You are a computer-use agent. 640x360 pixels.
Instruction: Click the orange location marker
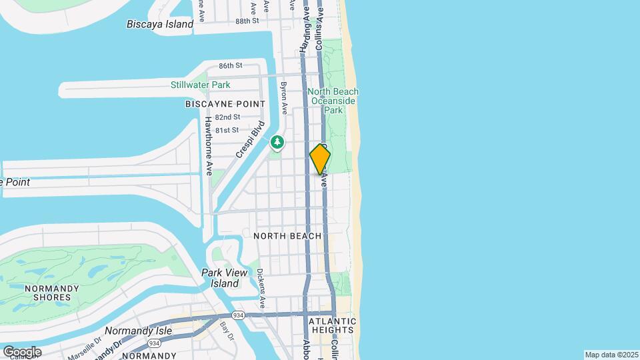click(320, 159)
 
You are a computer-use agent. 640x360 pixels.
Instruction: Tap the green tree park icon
click(277, 142)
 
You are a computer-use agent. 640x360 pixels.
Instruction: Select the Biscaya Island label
click(160, 24)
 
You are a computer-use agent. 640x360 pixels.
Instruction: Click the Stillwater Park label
click(200, 85)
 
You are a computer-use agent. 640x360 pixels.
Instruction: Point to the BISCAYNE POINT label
click(225, 104)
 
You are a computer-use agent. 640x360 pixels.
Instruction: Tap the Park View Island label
click(225, 278)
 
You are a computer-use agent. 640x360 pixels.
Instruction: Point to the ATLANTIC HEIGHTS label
click(332, 325)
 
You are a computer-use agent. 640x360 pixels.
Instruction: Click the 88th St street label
click(247, 21)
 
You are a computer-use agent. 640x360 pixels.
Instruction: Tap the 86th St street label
click(230, 65)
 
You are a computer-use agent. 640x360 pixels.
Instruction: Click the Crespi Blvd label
click(251, 139)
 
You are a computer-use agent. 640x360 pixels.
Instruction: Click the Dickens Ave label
click(261, 287)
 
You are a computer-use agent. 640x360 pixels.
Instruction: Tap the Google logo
click(22, 351)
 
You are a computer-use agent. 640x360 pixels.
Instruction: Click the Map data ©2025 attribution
click(611, 355)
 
